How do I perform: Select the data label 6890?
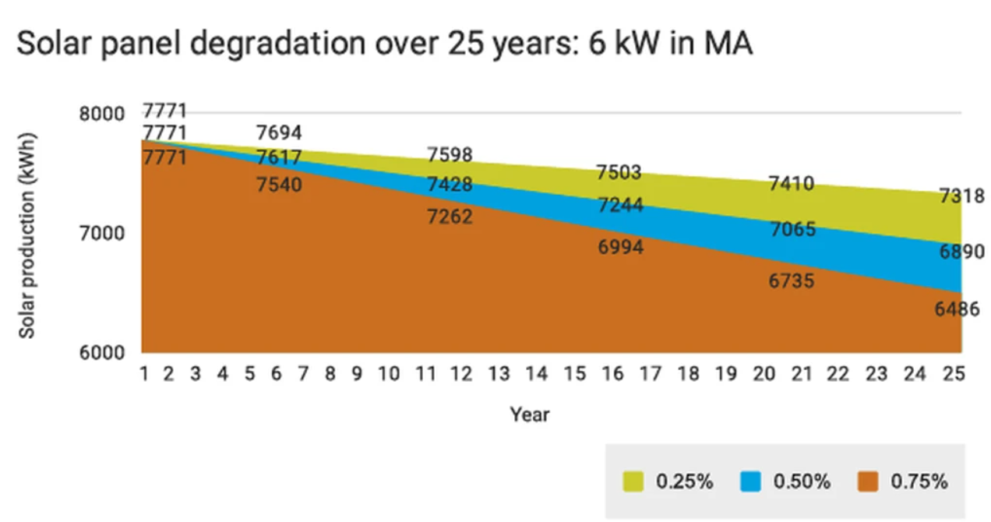tap(961, 252)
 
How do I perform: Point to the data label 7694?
tap(279, 133)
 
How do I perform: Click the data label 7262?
tap(450, 216)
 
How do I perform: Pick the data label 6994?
tap(621, 247)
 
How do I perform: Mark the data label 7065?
tap(792, 229)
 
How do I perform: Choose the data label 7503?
tap(619, 172)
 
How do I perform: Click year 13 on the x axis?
tap(499, 374)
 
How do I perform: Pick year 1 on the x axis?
tap(145, 374)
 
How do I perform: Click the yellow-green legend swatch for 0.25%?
tap(633, 481)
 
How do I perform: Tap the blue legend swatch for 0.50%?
tap(750, 481)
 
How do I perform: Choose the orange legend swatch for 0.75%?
tap(867, 481)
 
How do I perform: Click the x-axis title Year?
tap(530, 414)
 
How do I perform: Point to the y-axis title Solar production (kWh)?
tap(28, 234)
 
